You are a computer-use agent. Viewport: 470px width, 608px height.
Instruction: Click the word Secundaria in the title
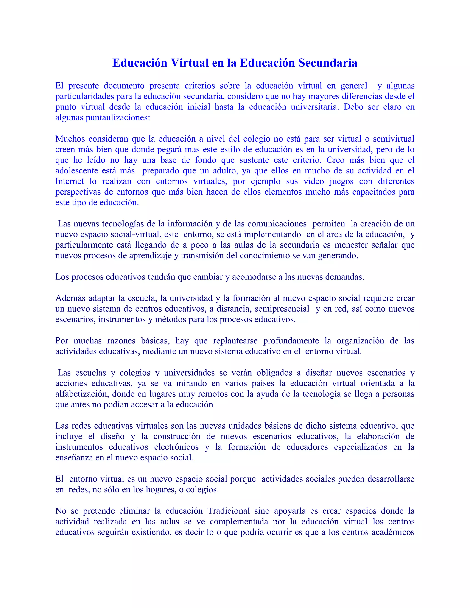click(x=328, y=63)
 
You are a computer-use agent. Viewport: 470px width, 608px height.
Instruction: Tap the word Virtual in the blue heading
click(x=190, y=63)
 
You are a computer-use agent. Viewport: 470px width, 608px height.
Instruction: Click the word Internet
click(x=69, y=181)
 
